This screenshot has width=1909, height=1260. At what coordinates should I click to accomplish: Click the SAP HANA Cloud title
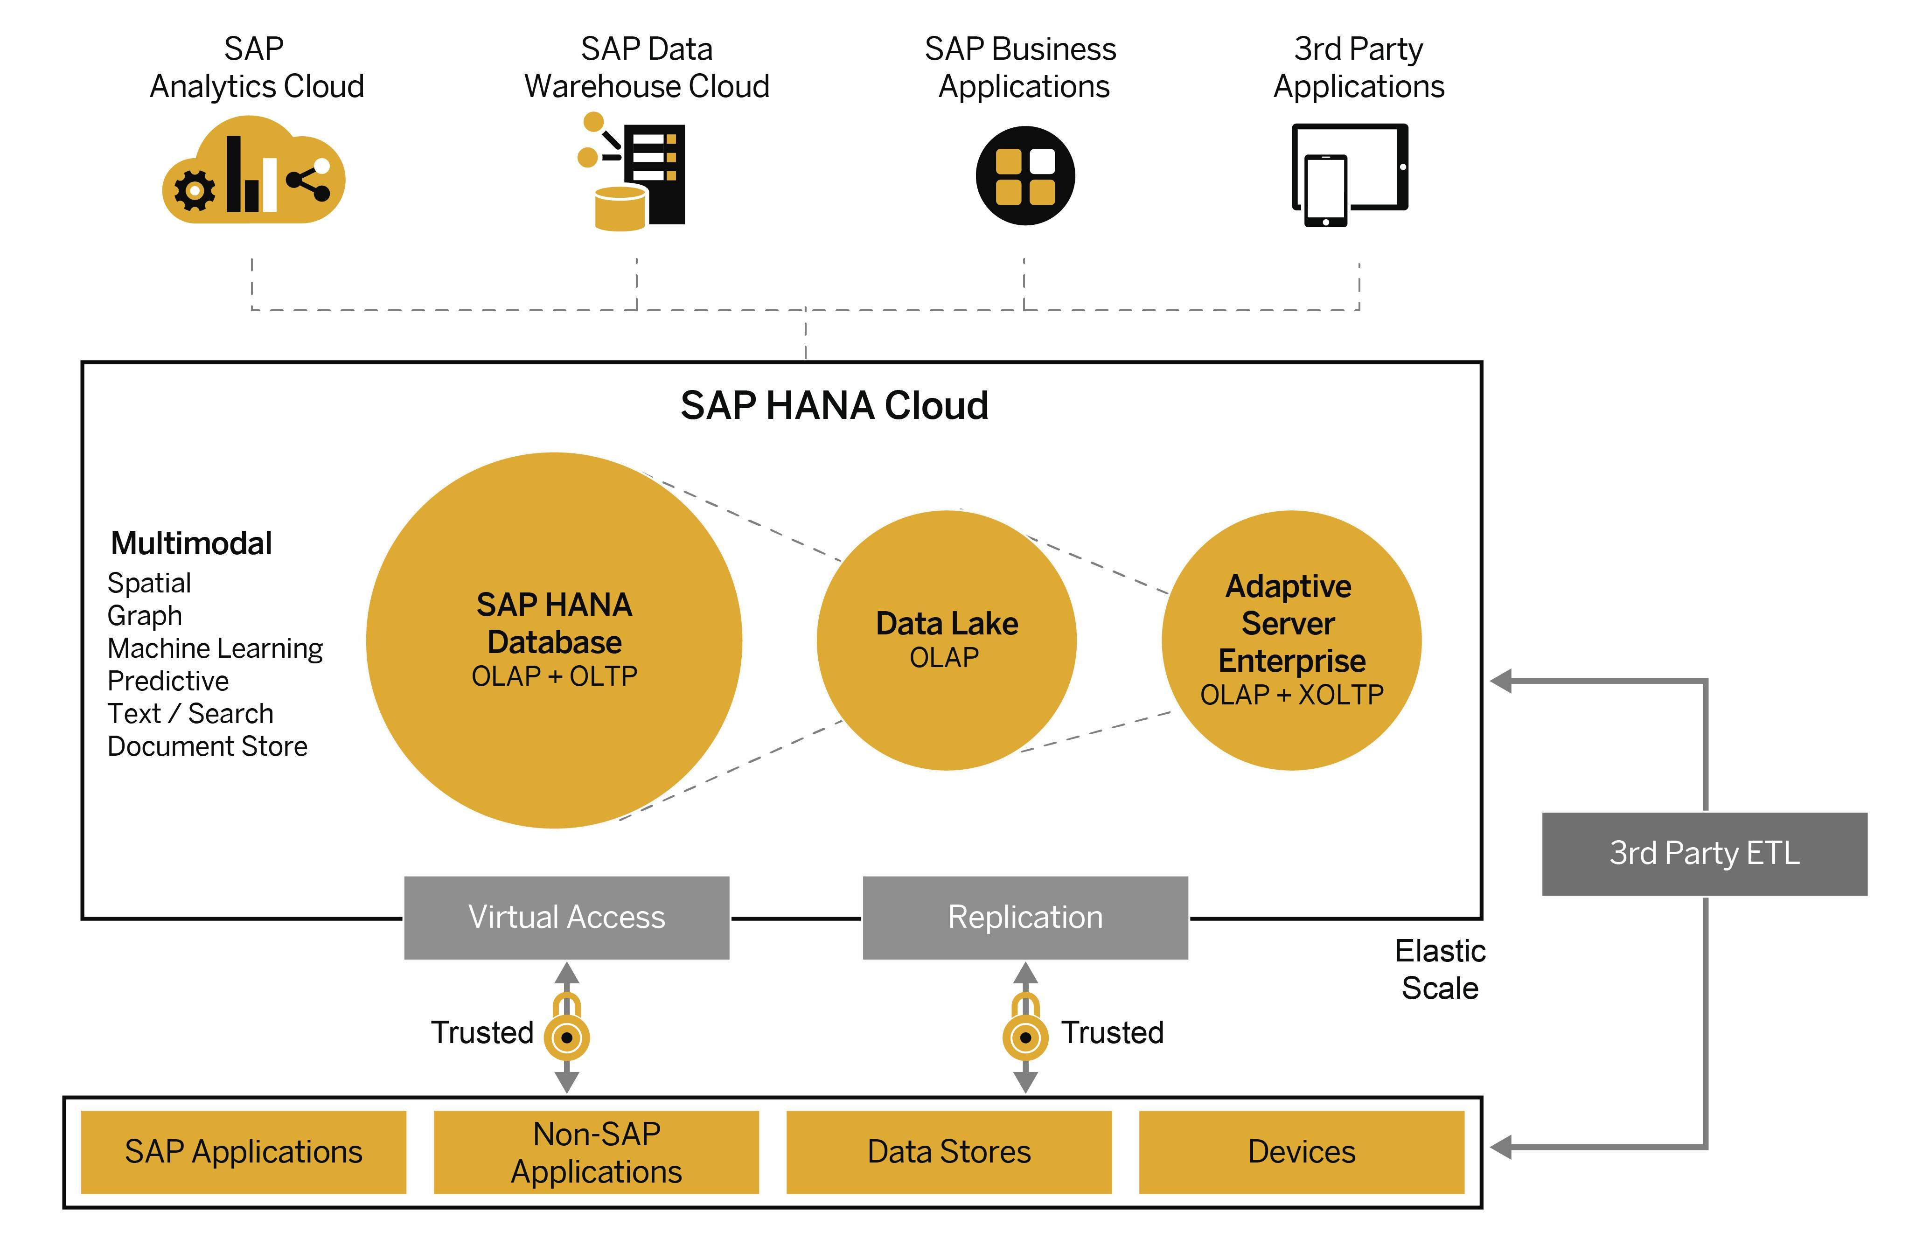834,406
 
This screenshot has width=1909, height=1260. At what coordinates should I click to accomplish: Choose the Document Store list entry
207,746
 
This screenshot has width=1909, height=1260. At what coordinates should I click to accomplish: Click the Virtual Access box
566,917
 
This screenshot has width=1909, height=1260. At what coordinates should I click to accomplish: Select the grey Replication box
1025,917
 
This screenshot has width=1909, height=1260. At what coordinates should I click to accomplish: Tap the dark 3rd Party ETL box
1704,853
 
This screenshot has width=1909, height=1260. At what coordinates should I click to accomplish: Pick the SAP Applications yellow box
244,1151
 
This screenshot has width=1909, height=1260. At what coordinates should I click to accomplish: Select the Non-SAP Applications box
596,1151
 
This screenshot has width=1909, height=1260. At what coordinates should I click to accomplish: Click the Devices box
1302,1151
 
